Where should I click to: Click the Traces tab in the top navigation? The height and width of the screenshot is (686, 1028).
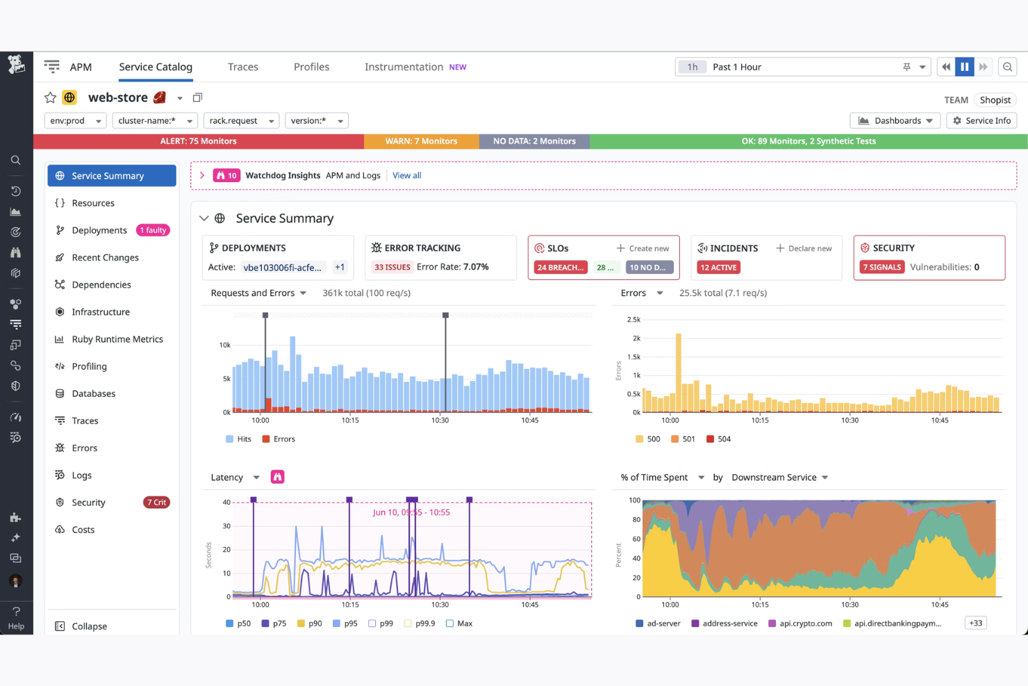(x=242, y=67)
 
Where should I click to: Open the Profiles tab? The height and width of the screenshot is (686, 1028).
(x=311, y=67)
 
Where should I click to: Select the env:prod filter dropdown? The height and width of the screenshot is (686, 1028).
(x=75, y=121)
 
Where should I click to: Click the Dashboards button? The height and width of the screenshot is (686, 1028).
(x=895, y=121)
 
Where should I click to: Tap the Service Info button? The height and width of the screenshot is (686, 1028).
(x=981, y=121)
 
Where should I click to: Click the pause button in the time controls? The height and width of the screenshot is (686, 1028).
(x=964, y=67)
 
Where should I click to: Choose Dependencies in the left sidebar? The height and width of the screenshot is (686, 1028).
(x=101, y=285)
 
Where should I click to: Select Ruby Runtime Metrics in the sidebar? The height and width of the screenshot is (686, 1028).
(x=117, y=339)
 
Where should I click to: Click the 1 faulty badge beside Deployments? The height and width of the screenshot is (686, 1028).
(x=153, y=231)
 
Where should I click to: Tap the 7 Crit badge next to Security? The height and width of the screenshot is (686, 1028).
(x=156, y=503)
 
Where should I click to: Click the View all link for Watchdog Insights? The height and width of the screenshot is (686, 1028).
(x=406, y=176)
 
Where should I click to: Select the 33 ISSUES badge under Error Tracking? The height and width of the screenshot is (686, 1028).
(x=392, y=268)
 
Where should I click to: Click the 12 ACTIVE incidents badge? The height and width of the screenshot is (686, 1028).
(x=718, y=268)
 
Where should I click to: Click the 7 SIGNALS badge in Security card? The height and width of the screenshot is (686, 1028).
(x=881, y=268)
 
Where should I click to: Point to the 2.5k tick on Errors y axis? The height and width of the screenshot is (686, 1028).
(x=633, y=320)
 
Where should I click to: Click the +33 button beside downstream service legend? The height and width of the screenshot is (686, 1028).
(x=975, y=623)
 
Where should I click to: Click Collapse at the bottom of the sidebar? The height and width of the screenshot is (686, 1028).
(x=89, y=626)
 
